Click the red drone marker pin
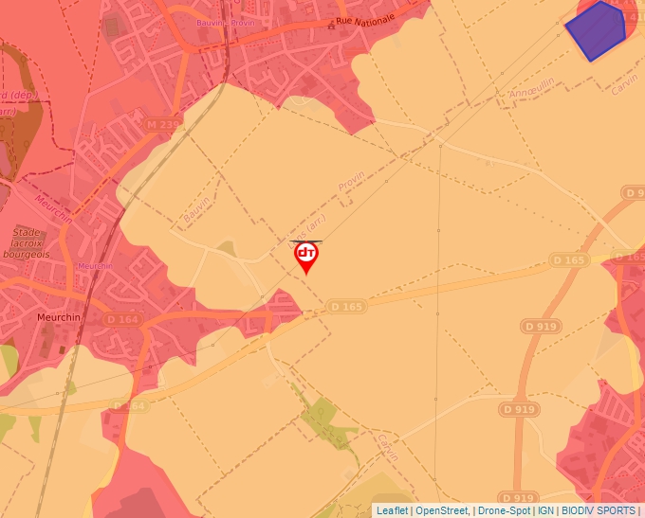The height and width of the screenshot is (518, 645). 306,256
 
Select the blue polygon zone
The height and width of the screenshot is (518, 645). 597,30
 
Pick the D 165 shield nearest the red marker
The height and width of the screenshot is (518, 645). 346,306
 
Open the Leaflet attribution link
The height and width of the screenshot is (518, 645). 392,510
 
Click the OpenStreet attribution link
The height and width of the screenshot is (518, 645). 441,510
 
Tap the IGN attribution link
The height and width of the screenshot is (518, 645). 545,510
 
